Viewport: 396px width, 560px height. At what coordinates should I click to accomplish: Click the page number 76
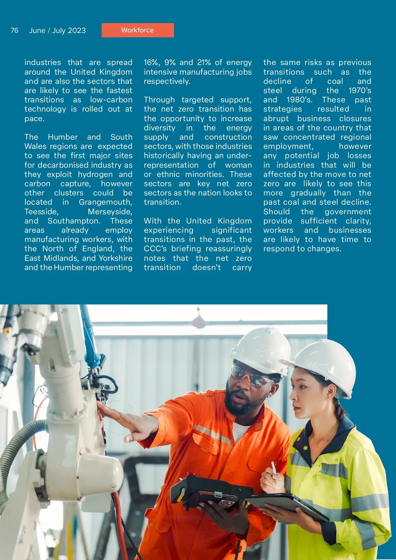(15, 30)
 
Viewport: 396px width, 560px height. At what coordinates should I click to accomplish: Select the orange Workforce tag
(138, 30)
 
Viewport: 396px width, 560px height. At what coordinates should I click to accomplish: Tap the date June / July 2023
(57, 31)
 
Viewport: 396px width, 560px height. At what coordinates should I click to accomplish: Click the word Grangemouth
(105, 202)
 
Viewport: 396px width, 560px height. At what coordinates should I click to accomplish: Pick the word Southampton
(74, 221)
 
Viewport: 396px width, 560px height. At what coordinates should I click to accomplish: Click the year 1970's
(360, 90)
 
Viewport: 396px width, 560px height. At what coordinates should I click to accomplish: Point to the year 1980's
(299, 100)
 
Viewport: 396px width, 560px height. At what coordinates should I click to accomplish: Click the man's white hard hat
(261, 350)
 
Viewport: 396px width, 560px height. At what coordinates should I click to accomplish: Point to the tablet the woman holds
(287, 505)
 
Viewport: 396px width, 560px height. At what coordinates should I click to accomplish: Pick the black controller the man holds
(211, 489)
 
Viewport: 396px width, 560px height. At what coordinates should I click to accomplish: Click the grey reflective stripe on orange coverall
(213, 434)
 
